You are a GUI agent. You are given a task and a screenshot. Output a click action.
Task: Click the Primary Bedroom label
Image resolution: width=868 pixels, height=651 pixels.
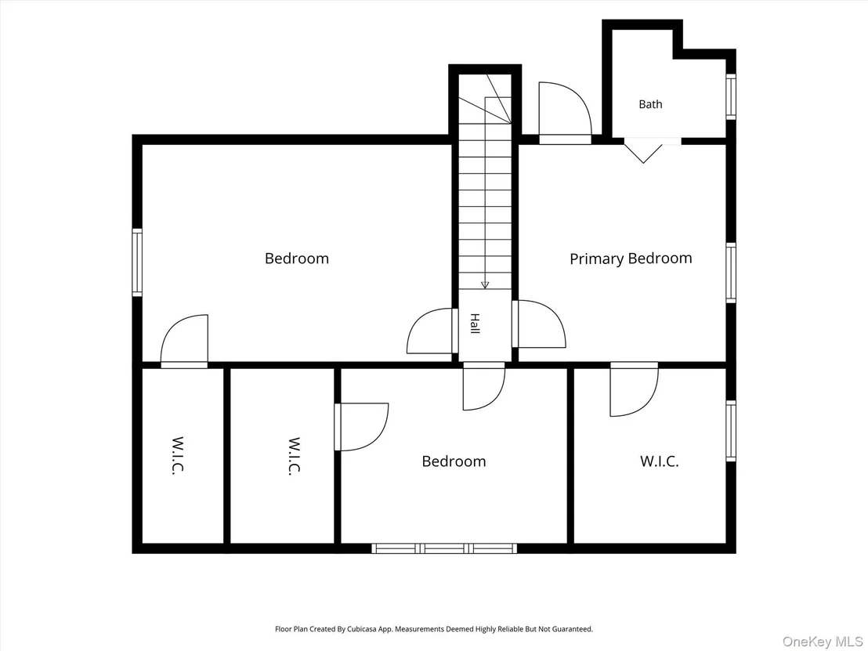pyautogui.click(x=631, y=259)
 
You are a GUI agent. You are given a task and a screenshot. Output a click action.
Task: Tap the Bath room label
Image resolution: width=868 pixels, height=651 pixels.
pyautogui.click(x=650, y=104)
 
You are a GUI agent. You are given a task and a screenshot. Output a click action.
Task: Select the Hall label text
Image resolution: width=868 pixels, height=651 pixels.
pyautogui.click(x=475, y=324)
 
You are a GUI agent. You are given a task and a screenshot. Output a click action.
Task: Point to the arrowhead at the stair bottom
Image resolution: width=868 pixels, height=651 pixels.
pyautogui.click(x=485, y=285)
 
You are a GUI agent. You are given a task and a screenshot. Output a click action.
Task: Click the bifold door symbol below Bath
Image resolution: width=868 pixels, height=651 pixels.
pyautogui.click(x=643, y=150)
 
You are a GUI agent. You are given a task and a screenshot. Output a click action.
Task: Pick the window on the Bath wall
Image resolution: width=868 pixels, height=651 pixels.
pyautogui.click(x=731, y=96)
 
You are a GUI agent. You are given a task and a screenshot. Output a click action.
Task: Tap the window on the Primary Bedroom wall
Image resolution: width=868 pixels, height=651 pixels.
pyautogui.click(x=731, y=273)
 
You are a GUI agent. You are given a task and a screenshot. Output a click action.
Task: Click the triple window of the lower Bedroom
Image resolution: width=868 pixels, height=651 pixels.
pyautogui.click(x=444, y=548)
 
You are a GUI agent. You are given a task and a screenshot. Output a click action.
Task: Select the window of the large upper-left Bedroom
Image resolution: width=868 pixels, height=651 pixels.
pyautogui.click(x=137, y=262)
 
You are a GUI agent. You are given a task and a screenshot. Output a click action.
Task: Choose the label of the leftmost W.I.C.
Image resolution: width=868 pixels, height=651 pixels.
pyautogui.click(x=177, y=456)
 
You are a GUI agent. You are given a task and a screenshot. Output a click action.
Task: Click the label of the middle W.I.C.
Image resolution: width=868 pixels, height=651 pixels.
pyautogui.click(x=294, y=456)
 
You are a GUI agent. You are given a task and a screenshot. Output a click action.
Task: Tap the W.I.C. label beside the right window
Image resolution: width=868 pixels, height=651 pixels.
pyautogui.click(x=660, y=461)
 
